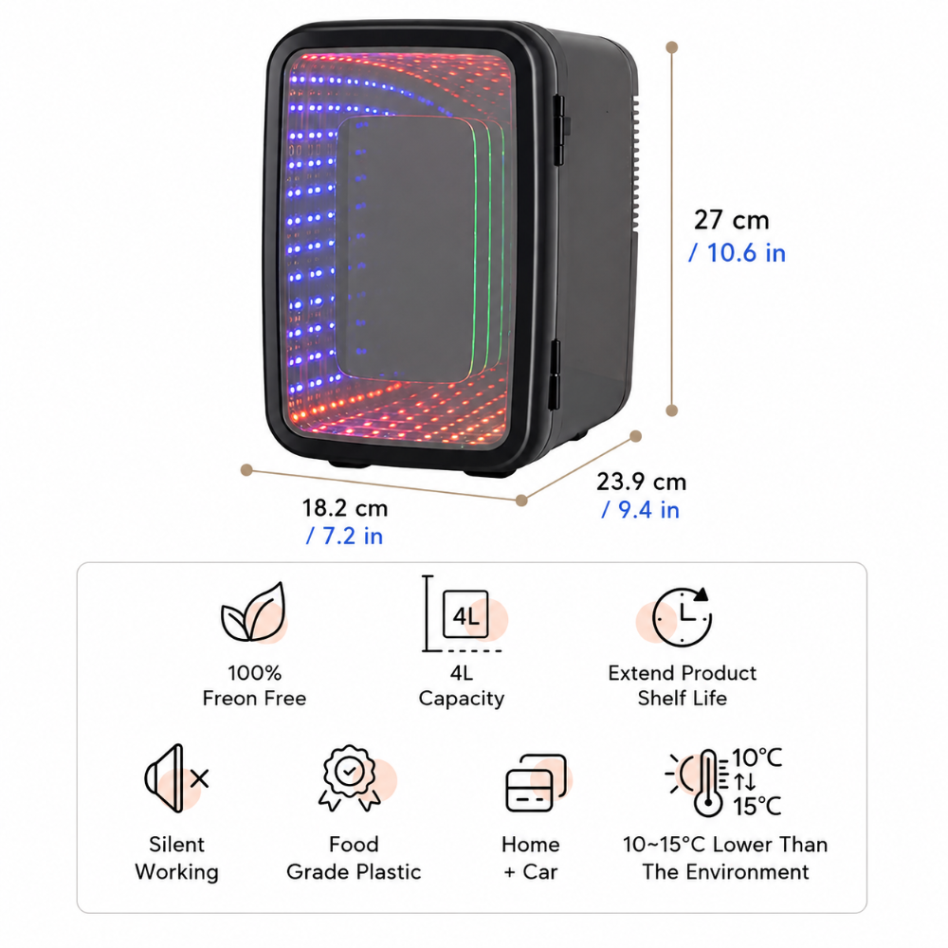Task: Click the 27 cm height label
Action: [x=732, y=220]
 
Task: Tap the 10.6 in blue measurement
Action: [x=737, y=253]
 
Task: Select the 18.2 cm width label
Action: [x=345, y=508]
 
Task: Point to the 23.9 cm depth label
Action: [x=642, y=482]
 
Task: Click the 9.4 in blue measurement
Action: [x=640, y=510]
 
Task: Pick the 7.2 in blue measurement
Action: [x=344, y=536]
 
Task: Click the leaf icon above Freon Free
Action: [x=253, y=611]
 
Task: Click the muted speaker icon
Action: [x=176, y=778]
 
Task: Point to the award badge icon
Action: [x=350, y=777]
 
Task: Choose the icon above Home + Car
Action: [x=536, y=782]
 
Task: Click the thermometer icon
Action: [x=707, y=783]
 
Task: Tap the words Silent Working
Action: [x=176, y=858]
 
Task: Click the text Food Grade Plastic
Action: [x=354, y=858]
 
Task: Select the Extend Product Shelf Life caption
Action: [x=682, y=685]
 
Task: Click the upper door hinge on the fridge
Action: [x=560, y=129]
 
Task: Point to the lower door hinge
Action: [x=555, y=374]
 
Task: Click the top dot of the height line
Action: [x=672, y=47]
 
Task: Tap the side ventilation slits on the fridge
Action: [x=635, y=163]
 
